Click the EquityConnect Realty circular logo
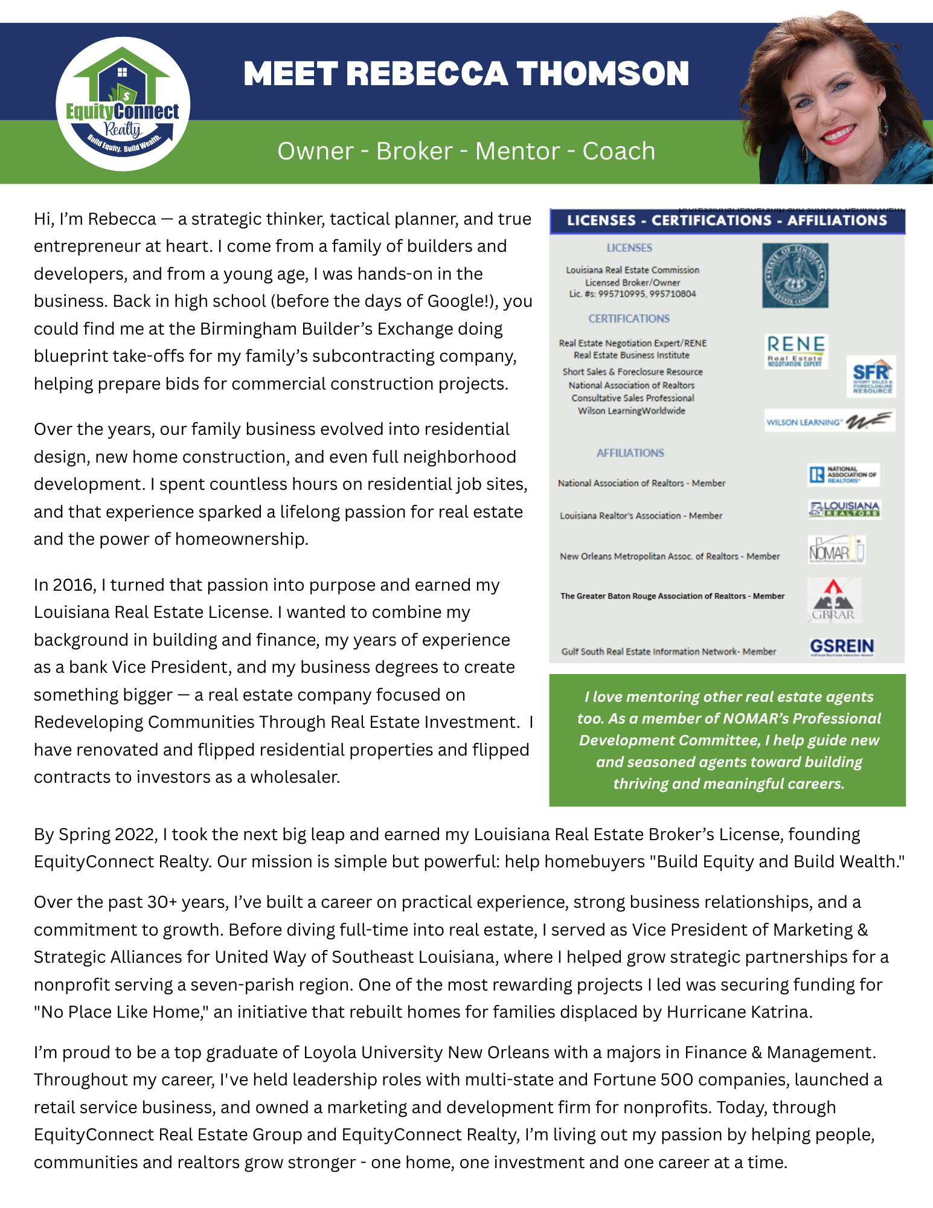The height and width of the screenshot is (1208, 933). pos(123,104)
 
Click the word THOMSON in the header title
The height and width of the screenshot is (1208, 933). pos(603,74)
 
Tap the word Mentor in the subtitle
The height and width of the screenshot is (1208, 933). pos(518,151)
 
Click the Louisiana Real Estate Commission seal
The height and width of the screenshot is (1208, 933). pos(795,275)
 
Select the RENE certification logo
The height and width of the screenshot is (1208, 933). pos(796,351)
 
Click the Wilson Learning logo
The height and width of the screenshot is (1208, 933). pos(829,421)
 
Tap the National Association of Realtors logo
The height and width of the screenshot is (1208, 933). pos(843,475)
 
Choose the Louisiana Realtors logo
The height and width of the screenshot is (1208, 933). pos(844,509)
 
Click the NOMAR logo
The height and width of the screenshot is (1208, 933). pos(836,550)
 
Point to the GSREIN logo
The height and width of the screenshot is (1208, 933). pos(842,647)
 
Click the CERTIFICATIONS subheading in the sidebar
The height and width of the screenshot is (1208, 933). pos(629,318)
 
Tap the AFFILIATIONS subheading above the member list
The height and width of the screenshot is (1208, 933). pos(630,453)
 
